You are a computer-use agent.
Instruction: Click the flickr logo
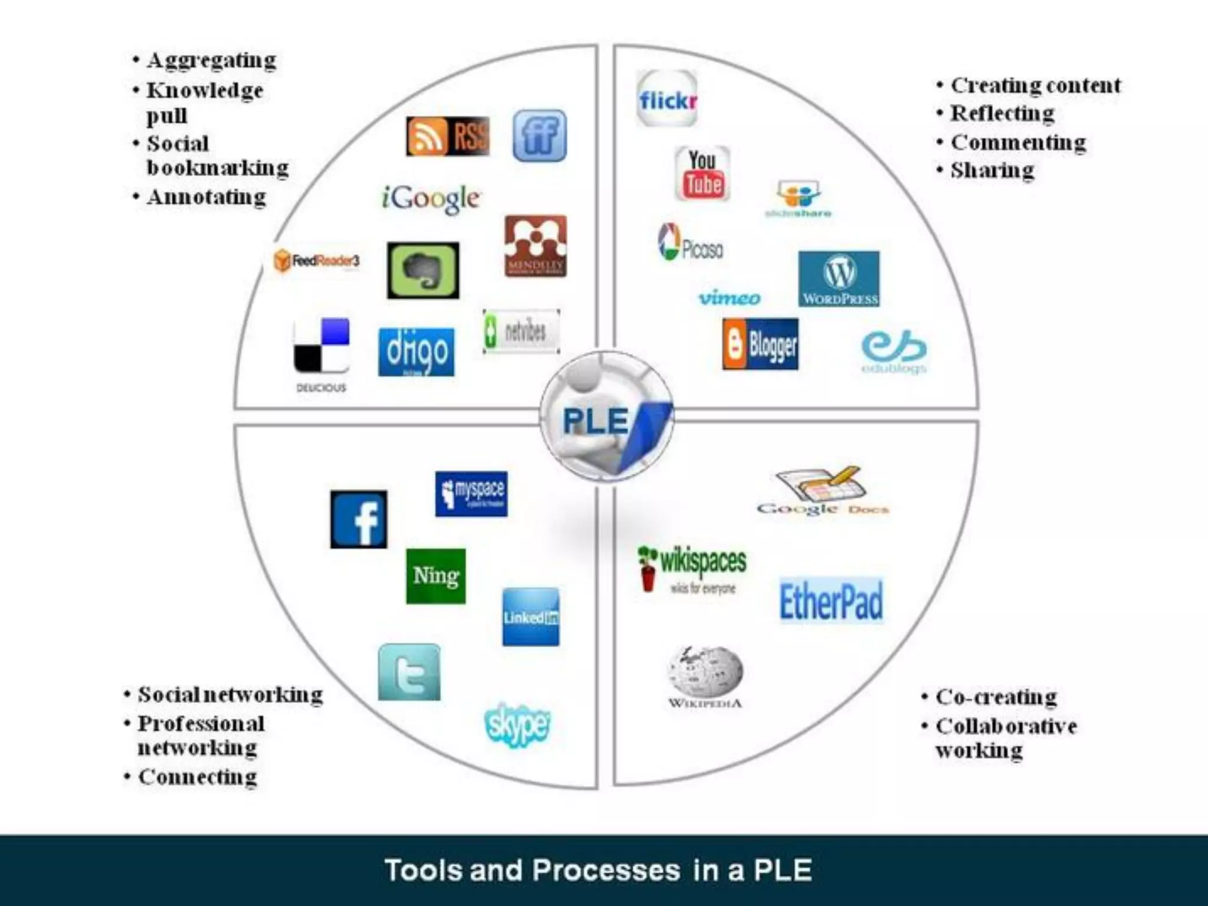tap(667, 99)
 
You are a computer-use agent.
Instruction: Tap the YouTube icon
tap(703, 173)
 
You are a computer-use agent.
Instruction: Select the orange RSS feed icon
tap(448, 136)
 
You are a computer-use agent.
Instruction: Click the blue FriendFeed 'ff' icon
tap(540, 136)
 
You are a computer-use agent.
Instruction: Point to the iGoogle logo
tap(431, 198)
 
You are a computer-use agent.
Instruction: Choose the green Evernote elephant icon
tap(423, 270)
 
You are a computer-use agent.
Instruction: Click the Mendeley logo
tap(536, 246)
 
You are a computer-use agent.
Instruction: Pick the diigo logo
tap(416, 352)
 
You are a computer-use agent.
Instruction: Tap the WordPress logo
tap(839, 279)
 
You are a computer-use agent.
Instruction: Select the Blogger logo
tap(760, 344)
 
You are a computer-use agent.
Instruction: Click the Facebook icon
tap(359, 519)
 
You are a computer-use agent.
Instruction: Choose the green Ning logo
tap(436, 576)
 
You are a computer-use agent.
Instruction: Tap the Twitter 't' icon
tap(409, 672)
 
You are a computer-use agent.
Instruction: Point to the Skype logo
tap(517, 724)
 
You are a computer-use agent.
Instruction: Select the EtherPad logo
tap(832, 601)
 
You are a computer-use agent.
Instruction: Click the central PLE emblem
tap(607, 416)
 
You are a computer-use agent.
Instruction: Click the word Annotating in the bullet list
tap(206, 197)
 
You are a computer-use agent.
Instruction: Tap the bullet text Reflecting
tap(1002, 113)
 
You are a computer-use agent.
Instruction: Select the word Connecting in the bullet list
tap(198, 777)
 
